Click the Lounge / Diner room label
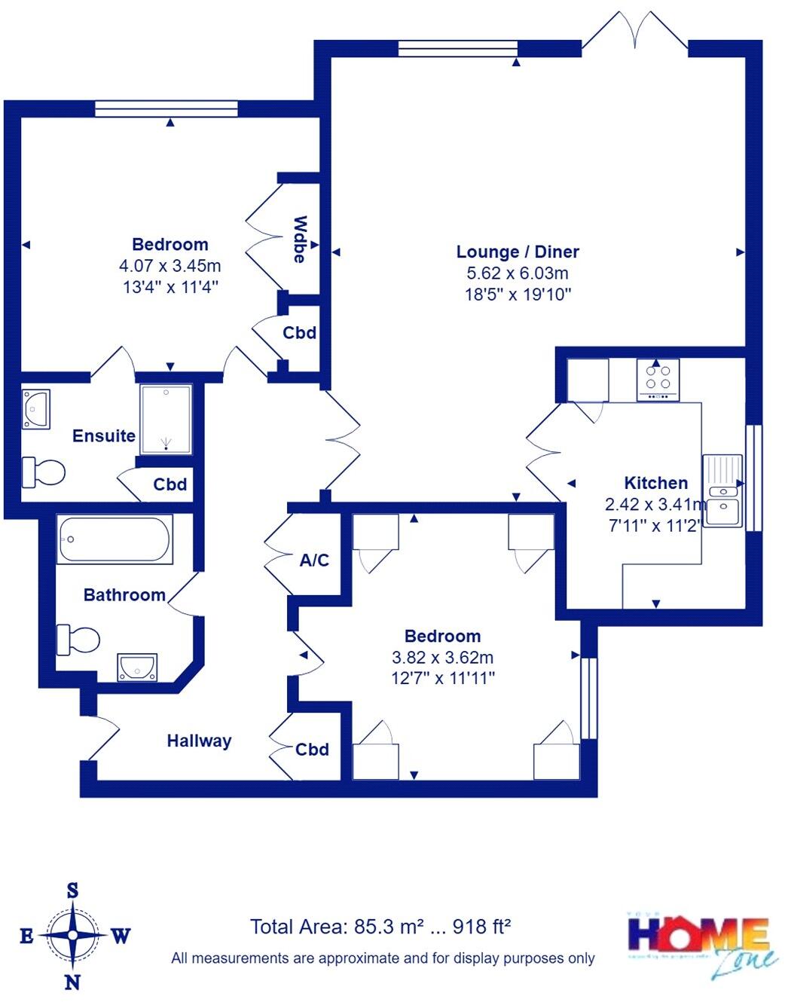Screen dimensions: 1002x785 [x=518, y=252]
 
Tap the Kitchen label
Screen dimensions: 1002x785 [x=655, y=483]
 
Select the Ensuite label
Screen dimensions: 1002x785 [x=104, y=435]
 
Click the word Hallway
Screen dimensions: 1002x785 [x=199, y=741]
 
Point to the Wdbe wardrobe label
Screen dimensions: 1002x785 [x=300, y=239]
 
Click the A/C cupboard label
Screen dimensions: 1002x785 [x=314, y=560]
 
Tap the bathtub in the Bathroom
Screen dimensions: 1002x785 [x=115, y=539]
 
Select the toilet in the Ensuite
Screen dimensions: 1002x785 [x=43, y=472]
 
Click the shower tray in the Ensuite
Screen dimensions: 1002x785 [x=166, y=420]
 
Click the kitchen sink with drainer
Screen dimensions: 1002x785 [x=722, y=490]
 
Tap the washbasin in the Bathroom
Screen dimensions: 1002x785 [x=137, y=666]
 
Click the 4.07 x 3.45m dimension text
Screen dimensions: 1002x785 [x=170, y=265]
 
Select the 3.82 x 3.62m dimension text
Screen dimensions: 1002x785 [x=442, y=657]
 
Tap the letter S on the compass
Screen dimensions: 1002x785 [x=73, y=890]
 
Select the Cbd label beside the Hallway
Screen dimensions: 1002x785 [x=312, y=749]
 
